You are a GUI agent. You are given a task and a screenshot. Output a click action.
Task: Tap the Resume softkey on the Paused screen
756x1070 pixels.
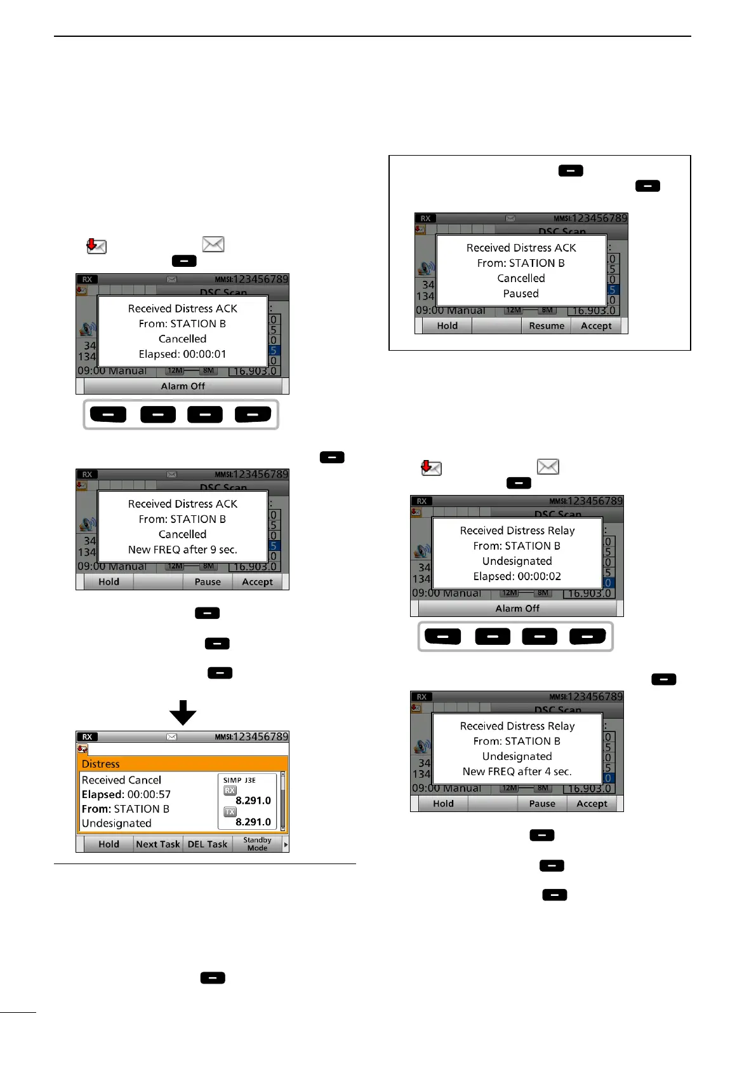[x=546, y=326]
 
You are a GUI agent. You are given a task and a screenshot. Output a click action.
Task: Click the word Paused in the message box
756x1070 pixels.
[x=521, y=294]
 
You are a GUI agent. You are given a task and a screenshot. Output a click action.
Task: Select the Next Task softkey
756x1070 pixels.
[x=158, y=844]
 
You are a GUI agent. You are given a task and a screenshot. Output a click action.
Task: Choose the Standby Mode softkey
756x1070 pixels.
[x=257, y=844]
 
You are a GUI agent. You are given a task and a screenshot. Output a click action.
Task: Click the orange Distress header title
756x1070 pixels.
[x=101, y=764]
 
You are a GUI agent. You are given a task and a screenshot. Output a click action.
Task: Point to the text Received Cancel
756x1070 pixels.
[x=121, y=780]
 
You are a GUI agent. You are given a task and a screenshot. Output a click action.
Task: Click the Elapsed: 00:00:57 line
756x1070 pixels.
[x=126, y=795]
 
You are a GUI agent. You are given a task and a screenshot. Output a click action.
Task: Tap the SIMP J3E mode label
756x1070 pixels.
[x=239, y=780]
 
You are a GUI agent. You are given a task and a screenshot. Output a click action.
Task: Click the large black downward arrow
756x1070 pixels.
[x=183, y=712]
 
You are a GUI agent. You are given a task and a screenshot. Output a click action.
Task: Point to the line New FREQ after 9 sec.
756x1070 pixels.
[x=182, y=550]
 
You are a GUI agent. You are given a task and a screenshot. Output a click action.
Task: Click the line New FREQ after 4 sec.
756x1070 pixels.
[x=517, y=771]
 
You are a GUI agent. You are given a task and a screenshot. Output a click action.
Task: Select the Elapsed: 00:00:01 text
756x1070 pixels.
[x=182, y=354]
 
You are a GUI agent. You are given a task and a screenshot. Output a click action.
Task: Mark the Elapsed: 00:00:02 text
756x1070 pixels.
[x=517, y=576]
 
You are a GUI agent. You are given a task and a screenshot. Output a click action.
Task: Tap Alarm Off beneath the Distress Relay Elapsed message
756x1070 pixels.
[x=517, y=609]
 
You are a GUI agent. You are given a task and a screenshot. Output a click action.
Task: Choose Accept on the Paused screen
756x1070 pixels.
[x=596, y=326]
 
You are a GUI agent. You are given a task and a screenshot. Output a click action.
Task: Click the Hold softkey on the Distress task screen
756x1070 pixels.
[x=109, y=844]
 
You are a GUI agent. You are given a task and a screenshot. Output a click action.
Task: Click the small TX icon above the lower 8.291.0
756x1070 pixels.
[x=230, y=812]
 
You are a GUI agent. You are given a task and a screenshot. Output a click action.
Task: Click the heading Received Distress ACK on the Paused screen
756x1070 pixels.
[x=521, y=248]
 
